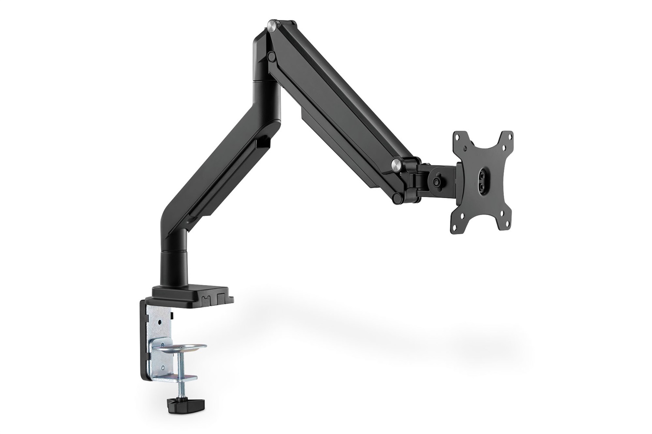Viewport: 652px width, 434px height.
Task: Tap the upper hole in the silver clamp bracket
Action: click(160, 322)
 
